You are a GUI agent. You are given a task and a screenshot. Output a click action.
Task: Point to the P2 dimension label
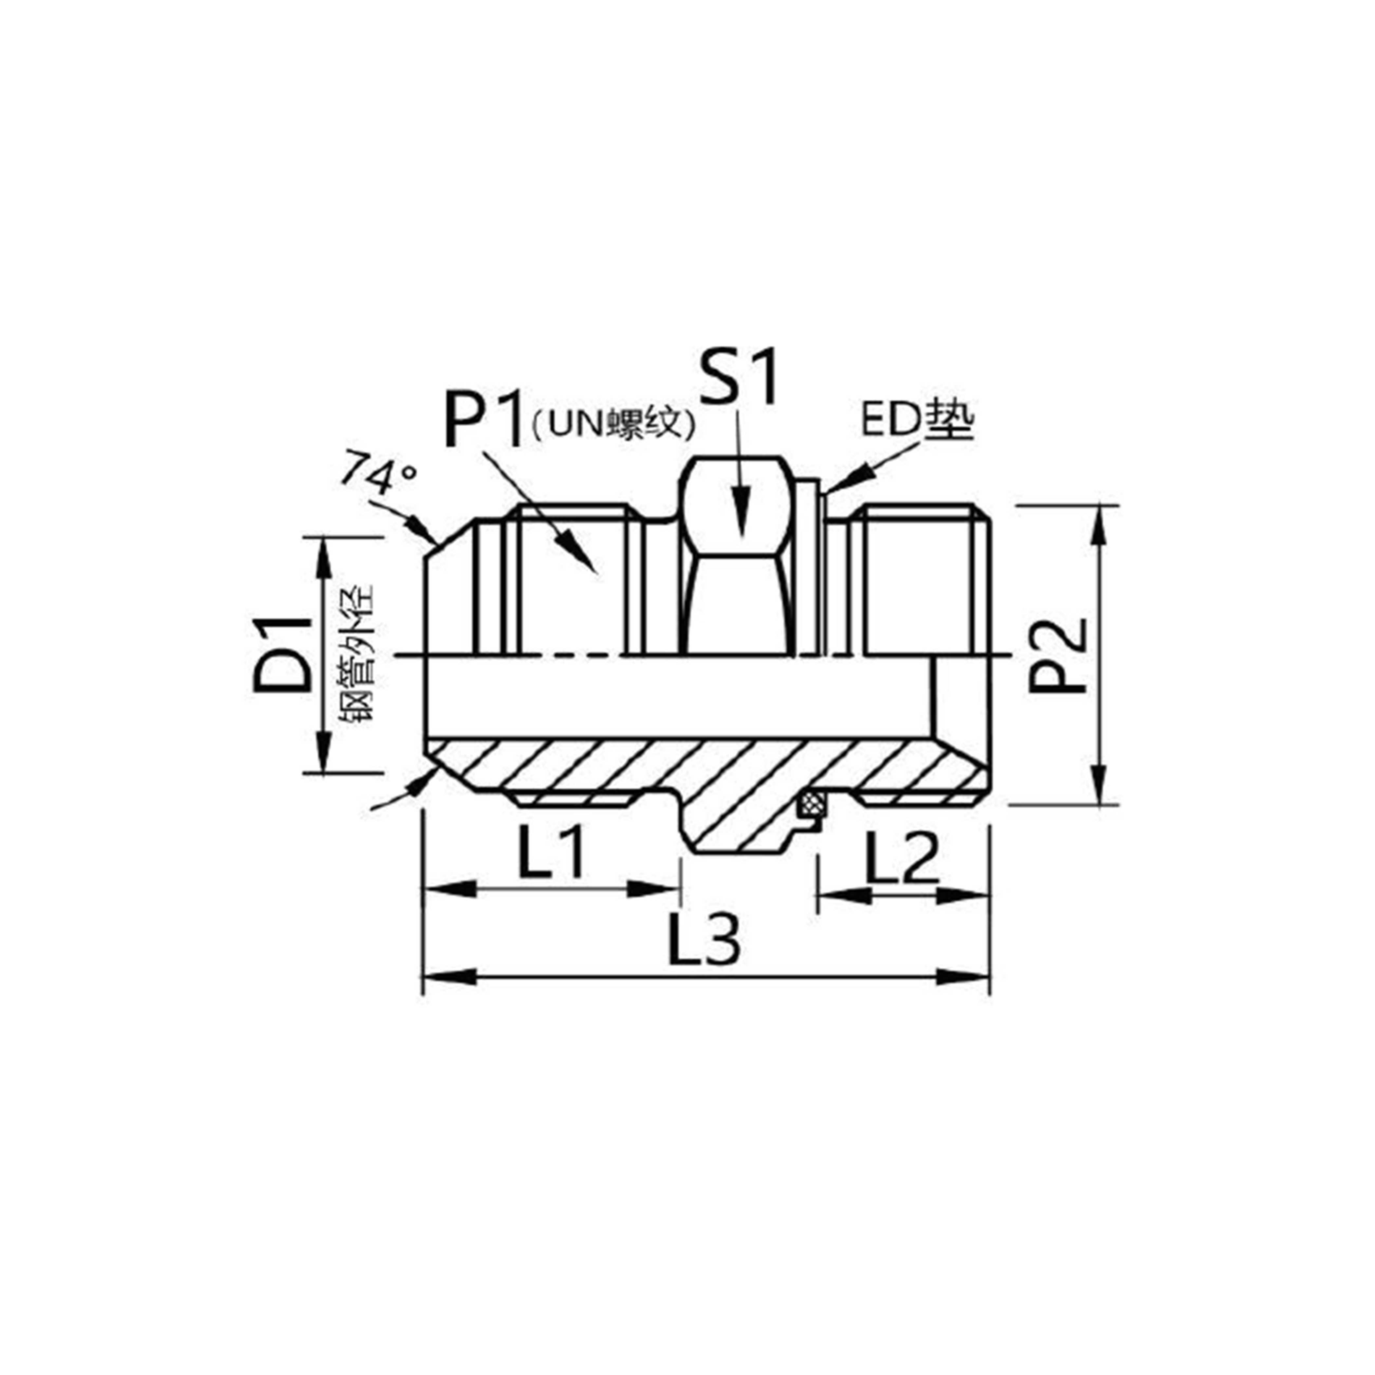(1057, 655)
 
